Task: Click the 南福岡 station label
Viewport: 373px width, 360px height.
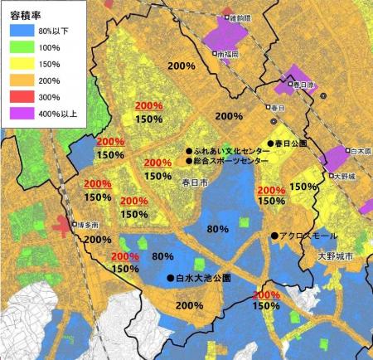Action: pos(227,54)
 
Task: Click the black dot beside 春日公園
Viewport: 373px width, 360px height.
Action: pos(270,144)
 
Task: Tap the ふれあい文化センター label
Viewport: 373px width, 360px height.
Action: pos(232,151)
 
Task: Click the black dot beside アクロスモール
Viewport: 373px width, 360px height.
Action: pos(274,236)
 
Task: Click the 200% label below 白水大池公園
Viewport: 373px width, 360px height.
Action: pos(190,304)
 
